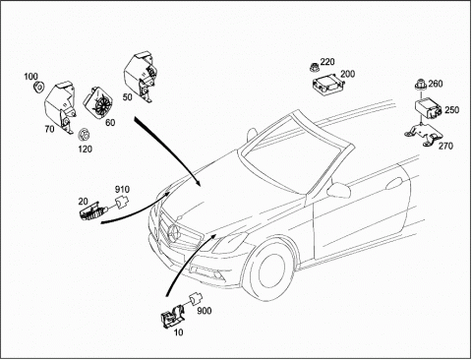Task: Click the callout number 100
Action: [30, 77]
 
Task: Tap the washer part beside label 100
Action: [39, 88]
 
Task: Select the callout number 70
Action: [49, 129]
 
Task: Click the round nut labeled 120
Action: [85, 135]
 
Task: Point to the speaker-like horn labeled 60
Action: [98, 101]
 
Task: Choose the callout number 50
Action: [127, 97]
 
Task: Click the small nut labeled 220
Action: [314, 67]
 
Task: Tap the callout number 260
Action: [436, 84]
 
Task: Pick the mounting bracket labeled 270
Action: [423, 134]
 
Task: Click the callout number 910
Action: [122, 190]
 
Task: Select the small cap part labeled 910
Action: [121, 202]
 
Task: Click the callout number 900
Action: [205, 311]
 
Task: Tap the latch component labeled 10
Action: [172, 316]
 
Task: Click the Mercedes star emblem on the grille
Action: [174, 233]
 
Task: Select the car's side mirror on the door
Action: [339, 190]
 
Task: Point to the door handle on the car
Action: [394, 183]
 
